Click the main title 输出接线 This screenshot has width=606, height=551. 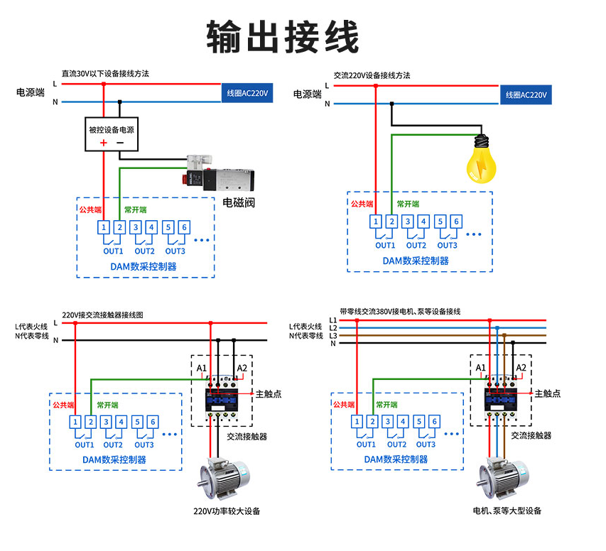283,36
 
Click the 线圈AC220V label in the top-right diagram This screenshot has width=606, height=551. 526,94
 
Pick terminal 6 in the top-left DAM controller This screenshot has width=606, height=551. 184,227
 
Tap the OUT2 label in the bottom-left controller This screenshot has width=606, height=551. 114,445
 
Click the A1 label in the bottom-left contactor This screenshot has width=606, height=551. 202,368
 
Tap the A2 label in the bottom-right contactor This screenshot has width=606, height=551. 521,367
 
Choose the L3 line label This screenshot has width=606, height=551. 333,335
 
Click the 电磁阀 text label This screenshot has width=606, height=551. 239,202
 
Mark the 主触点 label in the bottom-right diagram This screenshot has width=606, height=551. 547,393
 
